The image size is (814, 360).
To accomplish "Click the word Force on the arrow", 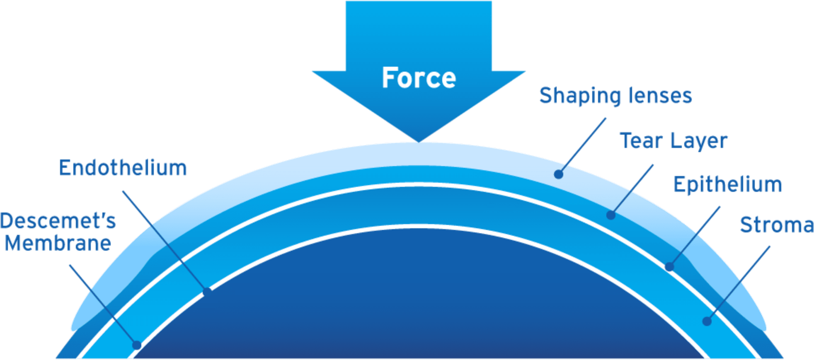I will click(x=419, y=78).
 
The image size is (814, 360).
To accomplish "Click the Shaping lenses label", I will click(x=615, y=96).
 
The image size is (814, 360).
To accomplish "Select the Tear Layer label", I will click(x=673, y=141).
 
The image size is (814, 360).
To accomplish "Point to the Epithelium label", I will click(x=727, y=184).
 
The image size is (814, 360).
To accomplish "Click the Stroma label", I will click(x=776, y=225).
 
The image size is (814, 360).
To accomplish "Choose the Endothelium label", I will click(x=123, y=168).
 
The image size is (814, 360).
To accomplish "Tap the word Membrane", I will click(x=58, y=243).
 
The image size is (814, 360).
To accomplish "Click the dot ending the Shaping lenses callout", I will click(x=558, y=174).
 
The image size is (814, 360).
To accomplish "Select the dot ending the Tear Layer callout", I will click(x=610, y=215).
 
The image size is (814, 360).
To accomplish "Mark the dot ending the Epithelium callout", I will click(x=669, y=267).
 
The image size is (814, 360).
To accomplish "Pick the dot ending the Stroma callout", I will click(x=707, y=321).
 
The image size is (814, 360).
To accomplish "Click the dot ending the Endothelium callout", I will click(x=207, y=292).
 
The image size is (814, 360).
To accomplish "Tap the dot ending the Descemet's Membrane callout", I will click(x=137, y=345).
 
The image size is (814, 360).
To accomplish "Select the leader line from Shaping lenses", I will click(x=582, y=146).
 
